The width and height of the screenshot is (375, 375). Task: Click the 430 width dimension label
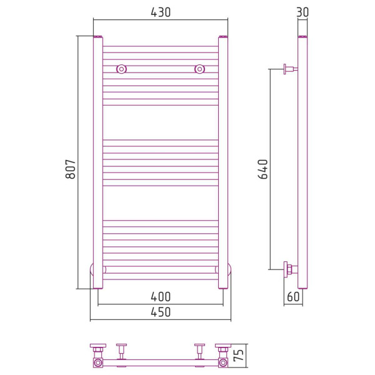[x=161, y=12]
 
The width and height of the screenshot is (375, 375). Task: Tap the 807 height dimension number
[x=71, y=169]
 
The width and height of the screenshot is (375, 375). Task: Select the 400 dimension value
[x=161, y=297]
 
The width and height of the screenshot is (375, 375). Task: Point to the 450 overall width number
[x=161, y=312]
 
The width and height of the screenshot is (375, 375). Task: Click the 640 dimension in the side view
[x=263, y=169]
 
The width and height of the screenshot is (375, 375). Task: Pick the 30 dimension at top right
[x=302, y=12]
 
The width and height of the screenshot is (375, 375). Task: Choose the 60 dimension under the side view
[x=293, y=297]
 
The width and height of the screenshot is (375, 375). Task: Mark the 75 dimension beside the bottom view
[x=239, y=355]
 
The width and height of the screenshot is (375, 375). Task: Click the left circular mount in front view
[x=121, y=69]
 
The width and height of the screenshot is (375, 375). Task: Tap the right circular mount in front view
[x=200, y=69]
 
